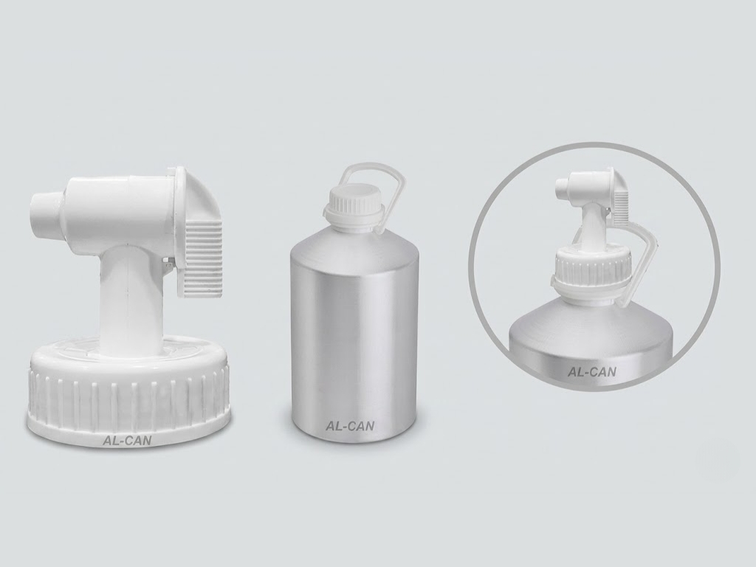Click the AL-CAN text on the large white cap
[x=126, y=440]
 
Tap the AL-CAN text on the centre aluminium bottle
[x=350, y=426]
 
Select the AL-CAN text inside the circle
[x=592, y=372]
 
